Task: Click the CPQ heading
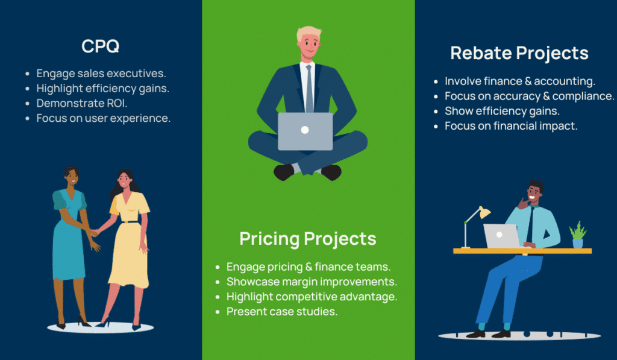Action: (101, 46)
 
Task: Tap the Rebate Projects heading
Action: (519, 54)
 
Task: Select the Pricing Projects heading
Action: (308, 239)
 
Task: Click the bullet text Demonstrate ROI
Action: (82, 103)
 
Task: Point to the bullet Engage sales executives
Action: (101, 74)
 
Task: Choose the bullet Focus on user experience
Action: (104, 118)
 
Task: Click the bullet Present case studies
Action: (282, 312)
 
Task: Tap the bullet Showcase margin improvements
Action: (312, 282)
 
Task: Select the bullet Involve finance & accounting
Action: (520, 81)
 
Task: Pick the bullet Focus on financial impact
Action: (511, 126)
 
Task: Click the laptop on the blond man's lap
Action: (305, 131)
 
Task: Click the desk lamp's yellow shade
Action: (484, 212)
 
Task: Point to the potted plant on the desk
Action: (578, 235)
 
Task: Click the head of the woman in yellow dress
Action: (125, 180)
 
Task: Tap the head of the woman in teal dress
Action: (72, 176)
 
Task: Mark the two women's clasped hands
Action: (95, 233)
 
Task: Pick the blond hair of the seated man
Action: (308, 33)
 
